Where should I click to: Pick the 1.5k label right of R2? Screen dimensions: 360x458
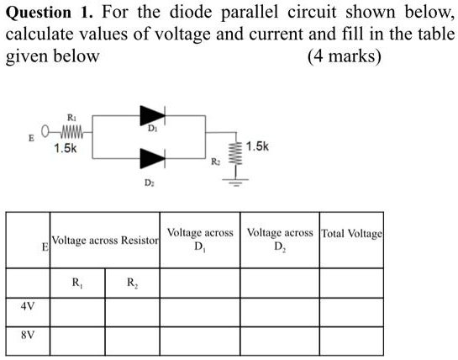pos(257,145)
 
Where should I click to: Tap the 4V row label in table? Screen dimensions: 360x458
pos(28,307)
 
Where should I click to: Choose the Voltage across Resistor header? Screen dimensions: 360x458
pos(105,241)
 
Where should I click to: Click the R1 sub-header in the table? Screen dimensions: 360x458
pos(77,282)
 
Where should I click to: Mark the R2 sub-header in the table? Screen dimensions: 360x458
pos(132,282)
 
